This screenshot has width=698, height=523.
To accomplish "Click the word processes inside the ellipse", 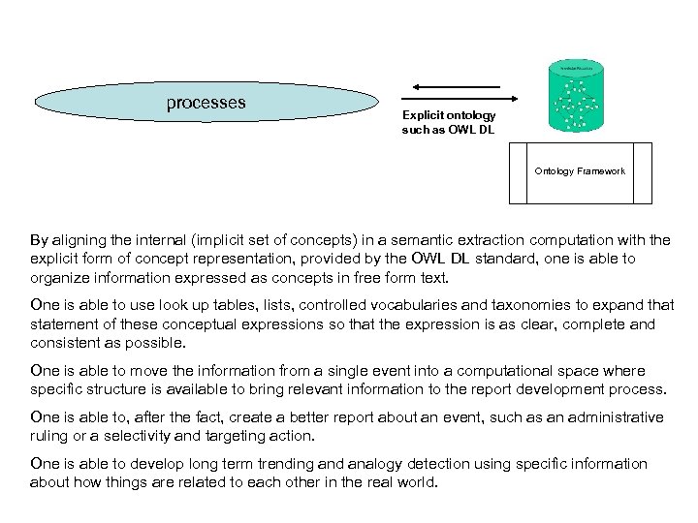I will click(206, 103).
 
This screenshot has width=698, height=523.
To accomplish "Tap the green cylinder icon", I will click(577, 97).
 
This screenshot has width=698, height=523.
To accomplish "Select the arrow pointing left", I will click(456, 87).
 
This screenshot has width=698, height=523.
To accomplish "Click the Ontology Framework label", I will click(580, 171).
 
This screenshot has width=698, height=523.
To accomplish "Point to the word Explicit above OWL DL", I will click(423, 115).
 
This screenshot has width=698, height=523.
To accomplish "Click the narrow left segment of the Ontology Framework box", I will click(518, 173).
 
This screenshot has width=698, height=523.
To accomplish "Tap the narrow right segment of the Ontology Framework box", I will click(643, 173).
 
